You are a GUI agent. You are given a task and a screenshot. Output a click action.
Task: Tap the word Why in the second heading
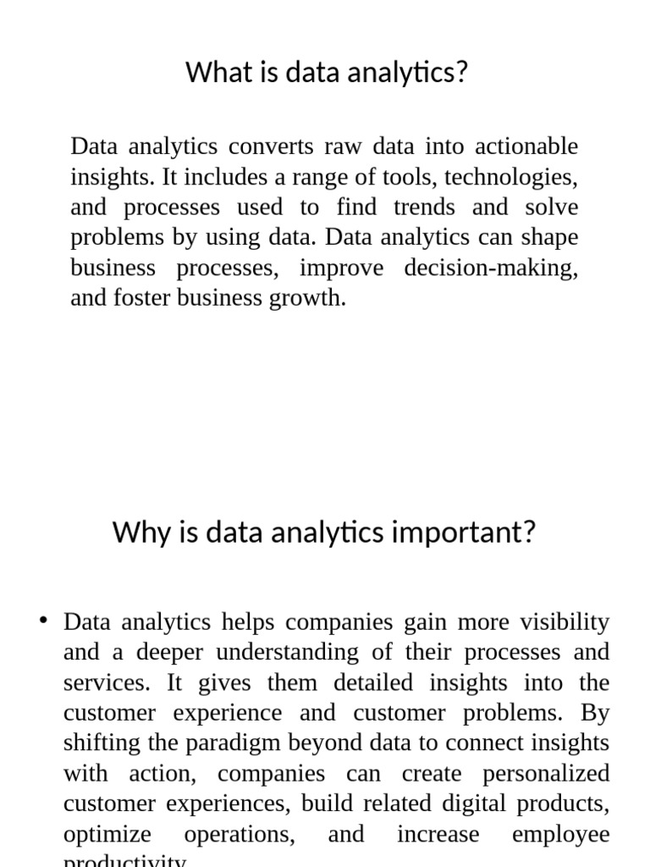138,533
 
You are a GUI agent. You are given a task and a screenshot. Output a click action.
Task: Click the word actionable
526,146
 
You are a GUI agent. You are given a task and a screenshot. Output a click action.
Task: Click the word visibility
565,622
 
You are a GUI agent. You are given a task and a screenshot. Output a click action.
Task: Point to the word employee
560,835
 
